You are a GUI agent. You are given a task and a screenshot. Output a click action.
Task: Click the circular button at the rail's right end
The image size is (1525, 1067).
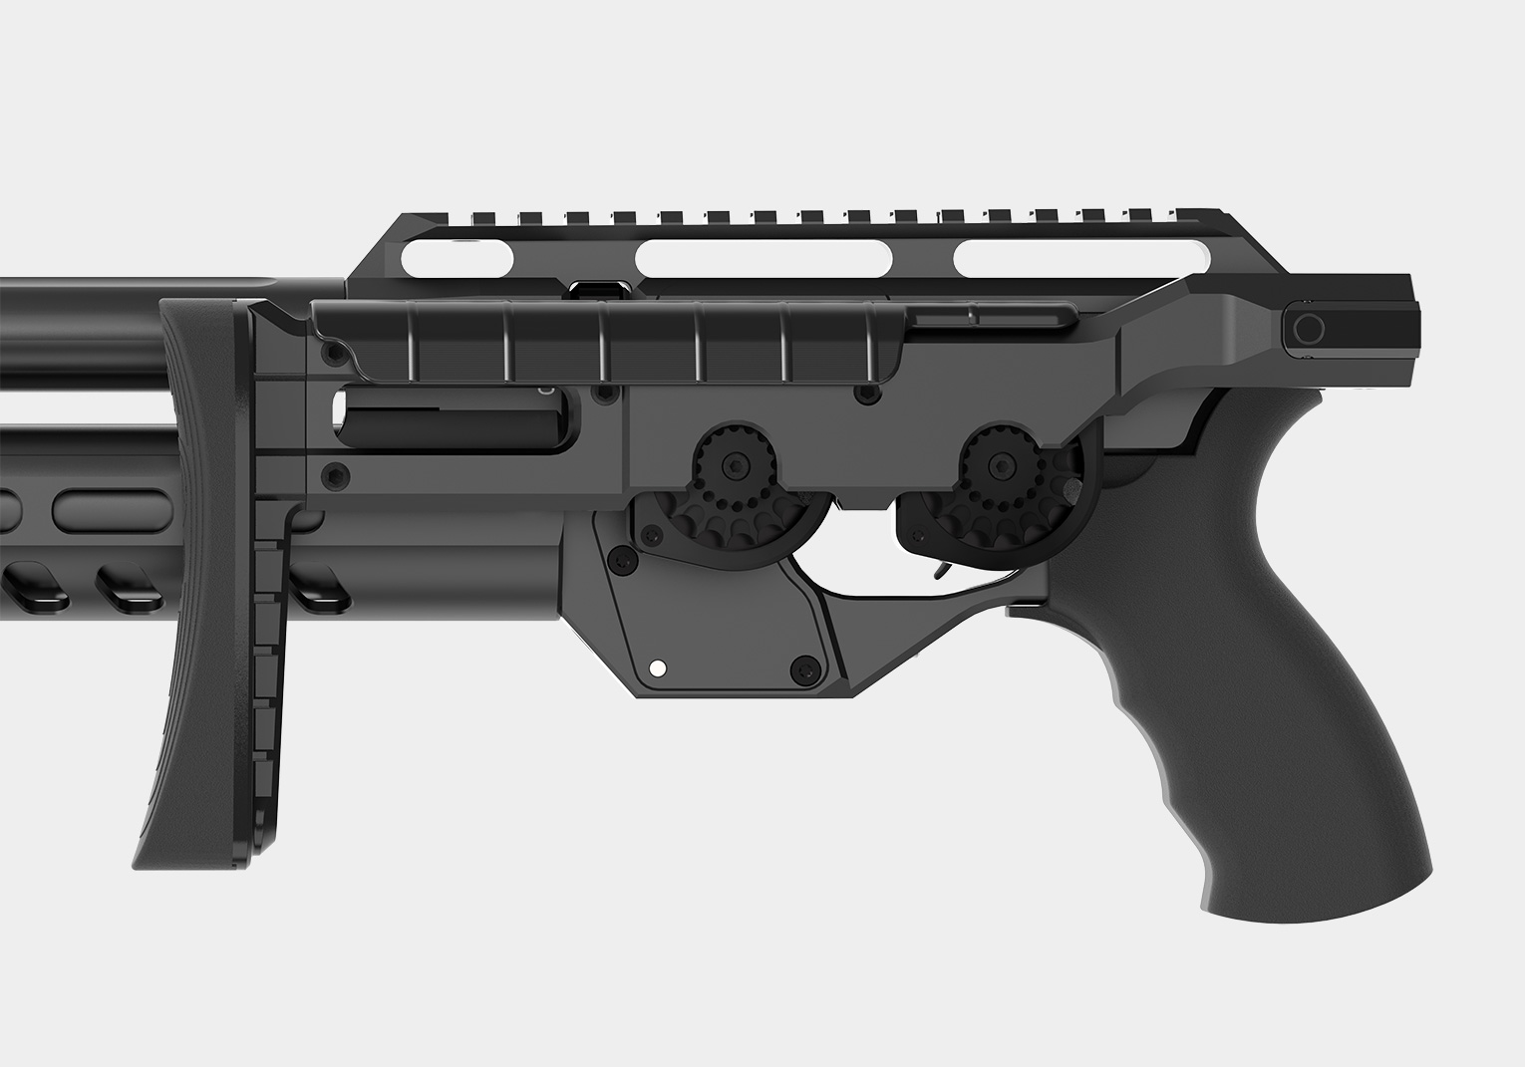pos(1307,329)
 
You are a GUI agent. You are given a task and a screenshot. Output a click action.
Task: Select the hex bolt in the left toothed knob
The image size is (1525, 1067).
pos(736,464)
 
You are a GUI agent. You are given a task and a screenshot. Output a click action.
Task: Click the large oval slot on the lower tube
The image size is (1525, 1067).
pos(105,509)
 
